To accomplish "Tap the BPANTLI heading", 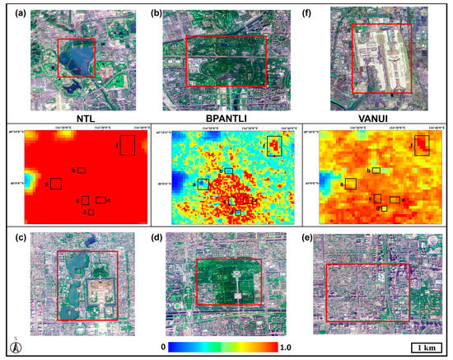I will click(226, 117).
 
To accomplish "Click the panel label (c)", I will click(15, 239).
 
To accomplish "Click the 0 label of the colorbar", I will click(165, 348).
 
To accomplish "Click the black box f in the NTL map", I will click(128, 145).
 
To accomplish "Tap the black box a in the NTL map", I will click(56, 183).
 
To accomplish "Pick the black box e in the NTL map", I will click(100, 199).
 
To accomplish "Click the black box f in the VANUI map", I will click(421, 146).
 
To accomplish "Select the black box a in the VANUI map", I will click(350, 183).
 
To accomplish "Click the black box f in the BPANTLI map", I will click(274, 146).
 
